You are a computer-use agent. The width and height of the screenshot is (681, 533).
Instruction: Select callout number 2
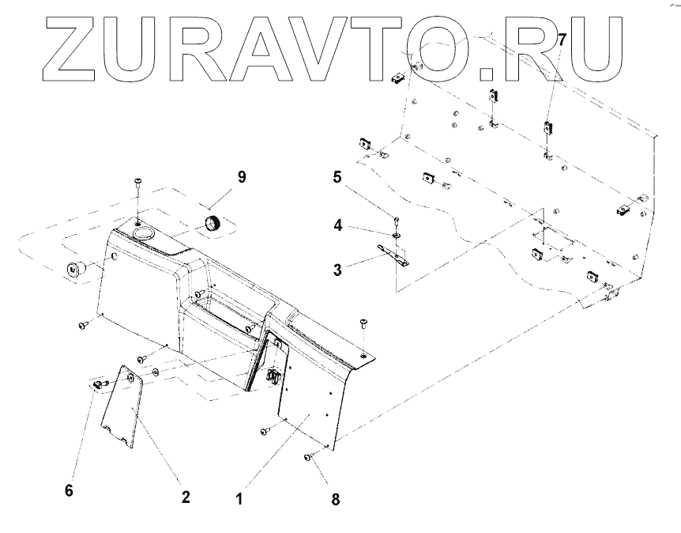click(x=185, y=497)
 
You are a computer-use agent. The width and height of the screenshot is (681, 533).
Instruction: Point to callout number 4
click(x=338, y=225)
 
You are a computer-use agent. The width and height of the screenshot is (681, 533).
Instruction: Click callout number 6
click(x=69, y=490)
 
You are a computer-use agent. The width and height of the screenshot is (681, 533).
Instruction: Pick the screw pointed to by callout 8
click(x=309, y=456)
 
